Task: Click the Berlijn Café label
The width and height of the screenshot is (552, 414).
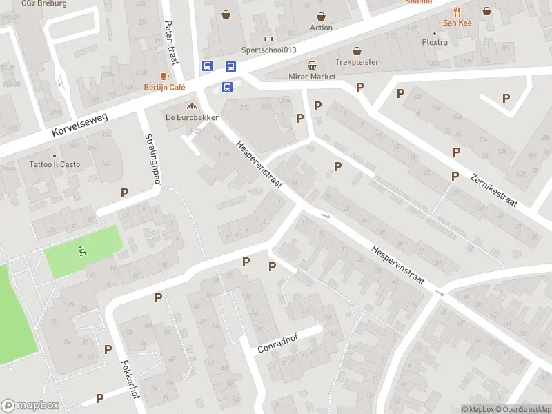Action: pyautogui.click(x=165, y=87)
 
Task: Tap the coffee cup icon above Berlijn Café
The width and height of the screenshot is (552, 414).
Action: pyautogui.click(x=165, y=76)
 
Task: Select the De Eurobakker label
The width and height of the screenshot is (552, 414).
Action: pyautogui.click(x=192, y=117)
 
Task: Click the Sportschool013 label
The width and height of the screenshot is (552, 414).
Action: pyautogui.click(x=268, y=50)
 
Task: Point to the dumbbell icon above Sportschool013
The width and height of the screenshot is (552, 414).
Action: pyautogui.click(x=268, y=39)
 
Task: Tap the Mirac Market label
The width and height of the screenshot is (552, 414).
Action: pyautogui.click(x=313, y=76)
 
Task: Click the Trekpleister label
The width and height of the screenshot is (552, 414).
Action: pyautogui.click(x=357, y=61)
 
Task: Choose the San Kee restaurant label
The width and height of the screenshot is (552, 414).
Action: pyautogui.click(x=457, y=23)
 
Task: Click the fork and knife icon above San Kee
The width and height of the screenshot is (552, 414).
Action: pyautogui.click(x=457, y=12)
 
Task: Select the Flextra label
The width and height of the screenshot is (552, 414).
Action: pyautogui.click(x=435, y=42)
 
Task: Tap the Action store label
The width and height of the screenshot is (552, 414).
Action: pyautogui.click(x=321, y=28)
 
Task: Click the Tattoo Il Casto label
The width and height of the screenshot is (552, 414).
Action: pyautogui.click(x=55, y=164)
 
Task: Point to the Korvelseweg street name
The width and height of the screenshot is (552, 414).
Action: pyautogui.click(x=80, y=126)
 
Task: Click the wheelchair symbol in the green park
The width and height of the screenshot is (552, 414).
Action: pyautogui.click(x=83, y=251)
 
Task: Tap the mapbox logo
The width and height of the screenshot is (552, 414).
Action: pyautogui.click(x=31, y=406)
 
